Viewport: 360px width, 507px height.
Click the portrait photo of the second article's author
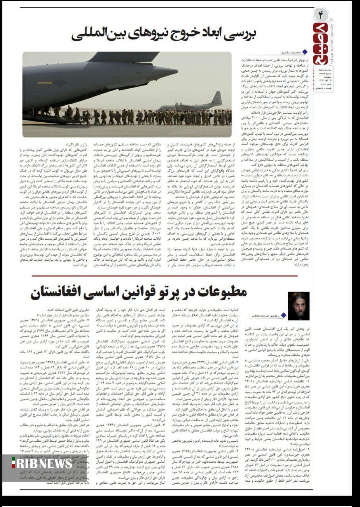(x=298, y=305)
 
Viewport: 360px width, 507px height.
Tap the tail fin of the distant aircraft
(x=216, y=99)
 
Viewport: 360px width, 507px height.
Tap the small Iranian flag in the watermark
(x=14, y=463)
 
